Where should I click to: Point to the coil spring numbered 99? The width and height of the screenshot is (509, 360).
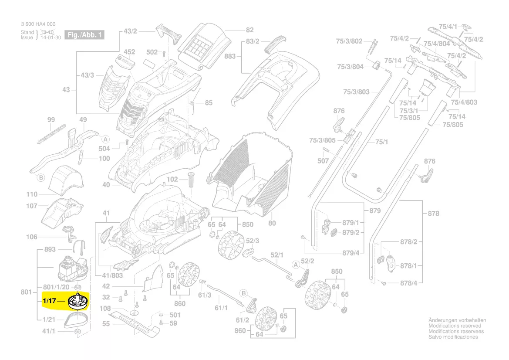click(51, 133)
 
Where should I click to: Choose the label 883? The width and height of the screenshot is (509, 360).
click(230, 56)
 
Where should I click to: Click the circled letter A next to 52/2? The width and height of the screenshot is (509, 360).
click(296, 264)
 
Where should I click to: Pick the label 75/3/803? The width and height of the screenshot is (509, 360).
click(356, 92)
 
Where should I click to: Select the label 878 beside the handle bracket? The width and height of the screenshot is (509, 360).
click(433, 214)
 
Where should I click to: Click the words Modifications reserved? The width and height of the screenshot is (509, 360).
click(455, 326)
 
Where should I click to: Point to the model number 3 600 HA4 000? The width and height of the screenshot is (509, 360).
click(38, 24)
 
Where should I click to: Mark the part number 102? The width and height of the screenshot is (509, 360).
click(172, 179)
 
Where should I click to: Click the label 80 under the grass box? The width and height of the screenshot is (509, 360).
click(272, 224)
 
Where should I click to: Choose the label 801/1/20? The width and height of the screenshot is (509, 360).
click(56, 287)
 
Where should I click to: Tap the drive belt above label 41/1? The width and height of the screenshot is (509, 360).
click(78, 321)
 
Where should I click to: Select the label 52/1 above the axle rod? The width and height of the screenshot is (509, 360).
click(277, 255)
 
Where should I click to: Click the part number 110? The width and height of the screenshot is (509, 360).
click(32, 194)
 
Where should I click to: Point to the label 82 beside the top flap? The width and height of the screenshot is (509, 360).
click(249, 30)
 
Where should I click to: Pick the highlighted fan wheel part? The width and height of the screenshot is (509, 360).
click(78, 302)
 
